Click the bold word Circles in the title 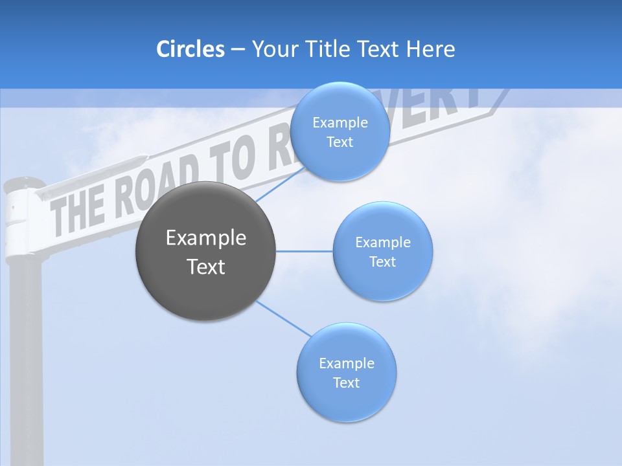tap(190, 49)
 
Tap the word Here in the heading tap(431, 49)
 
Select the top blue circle tap(340, 131)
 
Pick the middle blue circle tap(382, 251)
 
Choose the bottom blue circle tap(346, 372)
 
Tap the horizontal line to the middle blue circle tap(304, 251)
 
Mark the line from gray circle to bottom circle tap(283, 318)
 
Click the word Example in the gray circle tap(206, 238)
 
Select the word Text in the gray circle tap(206, 267)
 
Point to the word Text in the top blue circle tap(340, 142)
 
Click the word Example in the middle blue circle tap(382, 243)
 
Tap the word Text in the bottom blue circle tap(346, 383)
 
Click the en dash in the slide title tap(238, 50)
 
